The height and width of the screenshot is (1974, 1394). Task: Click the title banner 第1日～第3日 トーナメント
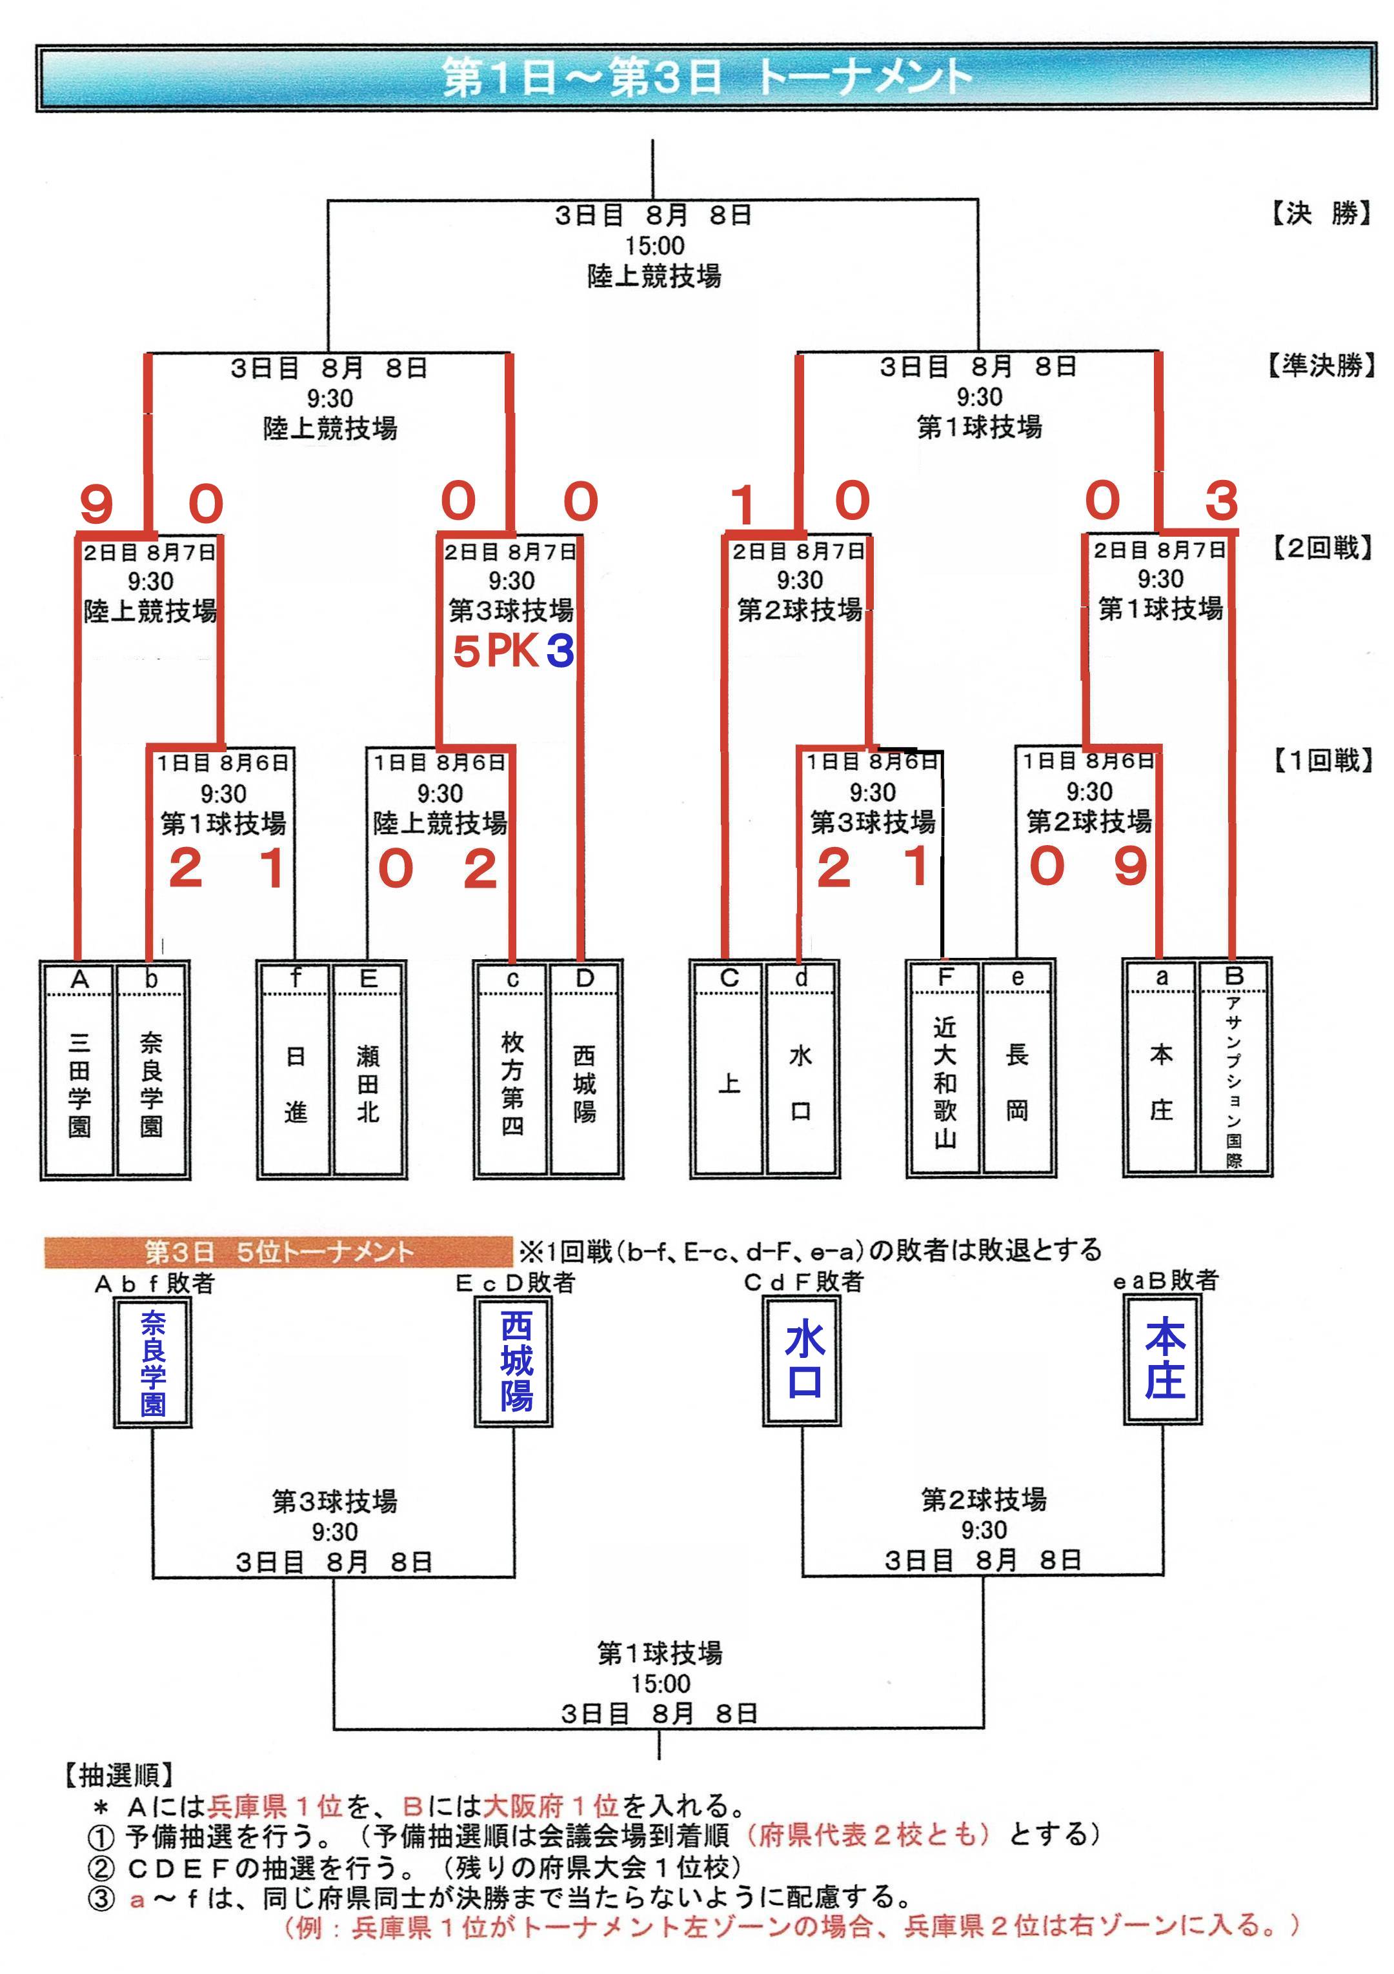tap(705, 77)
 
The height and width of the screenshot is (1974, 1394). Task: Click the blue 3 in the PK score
tap(560, 651)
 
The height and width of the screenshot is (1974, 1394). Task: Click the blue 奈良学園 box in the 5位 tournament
tap(153, 1362)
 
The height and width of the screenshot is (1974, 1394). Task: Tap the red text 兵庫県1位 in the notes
tap(275, 1806)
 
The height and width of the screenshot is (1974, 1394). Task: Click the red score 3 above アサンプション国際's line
tap(1221, 501)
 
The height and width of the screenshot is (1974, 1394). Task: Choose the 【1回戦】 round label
tap(1322, 760)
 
